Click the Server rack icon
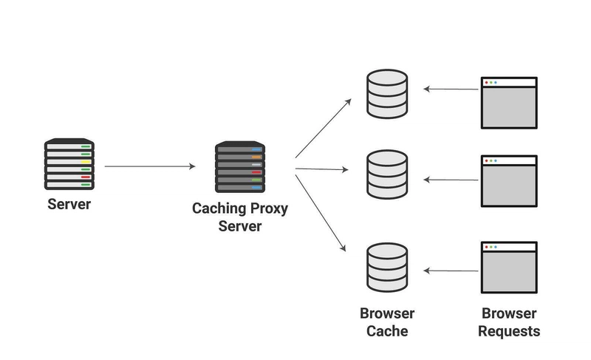coord(69,164)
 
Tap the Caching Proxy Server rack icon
coord(240,167)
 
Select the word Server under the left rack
coord(69,204)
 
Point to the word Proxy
coord(266,208)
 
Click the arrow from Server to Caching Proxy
coord(150,166)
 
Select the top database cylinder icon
coord(387,94)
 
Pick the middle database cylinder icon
coord(387,174)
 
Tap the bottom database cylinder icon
coord(387,268)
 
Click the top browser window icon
coord(509,103)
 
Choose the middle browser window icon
coord(509,181)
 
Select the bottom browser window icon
coord(509,268)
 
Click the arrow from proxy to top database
coord(324,128)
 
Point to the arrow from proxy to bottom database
coord(321,213)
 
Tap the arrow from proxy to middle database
coord(322,169)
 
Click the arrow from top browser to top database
coord(451,89)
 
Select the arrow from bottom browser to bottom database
coord(451,271)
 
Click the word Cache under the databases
coord(387,331)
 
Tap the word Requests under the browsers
coord(509,331)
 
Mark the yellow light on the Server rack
coord(86,162)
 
